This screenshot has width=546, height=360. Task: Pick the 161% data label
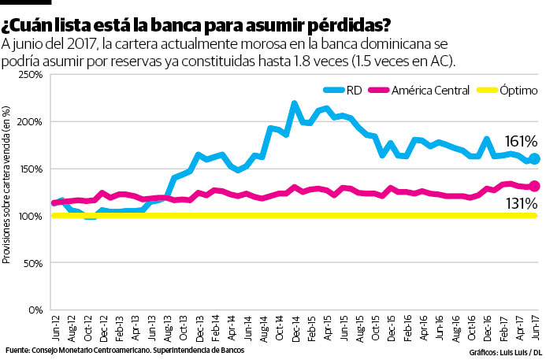tap(522, 142)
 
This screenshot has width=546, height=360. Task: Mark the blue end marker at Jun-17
tap(533, 158)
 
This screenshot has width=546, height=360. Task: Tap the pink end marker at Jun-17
tap(533, 186)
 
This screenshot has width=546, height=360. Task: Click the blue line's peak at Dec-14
tap(294, 104)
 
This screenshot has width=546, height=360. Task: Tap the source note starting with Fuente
tap(124, 349)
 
